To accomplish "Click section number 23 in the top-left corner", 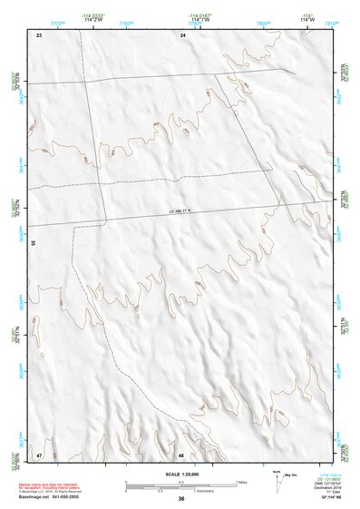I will tap(39, 34).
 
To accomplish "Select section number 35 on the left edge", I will tap(33, 243).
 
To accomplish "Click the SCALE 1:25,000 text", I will tap(181, 475).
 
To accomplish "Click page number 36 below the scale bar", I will tap(181, 498).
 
